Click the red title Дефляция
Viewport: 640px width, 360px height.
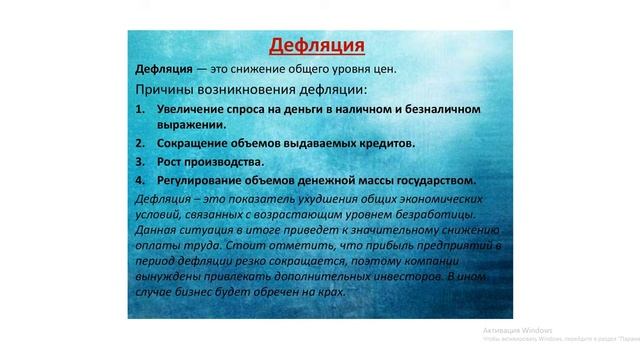pos(319,46)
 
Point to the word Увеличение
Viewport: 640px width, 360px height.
pos(196,107)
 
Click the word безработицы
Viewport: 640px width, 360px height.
pos(404,214)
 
